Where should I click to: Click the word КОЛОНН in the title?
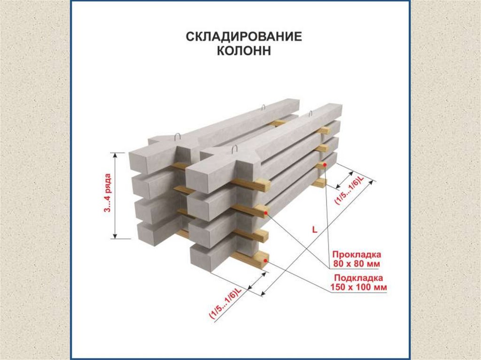point(244,51)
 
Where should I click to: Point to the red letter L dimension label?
point(314,229)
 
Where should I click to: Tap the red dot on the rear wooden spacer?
point(324,165)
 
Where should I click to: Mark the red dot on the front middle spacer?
point(266,214)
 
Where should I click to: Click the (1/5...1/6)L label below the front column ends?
point(225,304)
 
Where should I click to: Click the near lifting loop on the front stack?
point(235,150)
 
